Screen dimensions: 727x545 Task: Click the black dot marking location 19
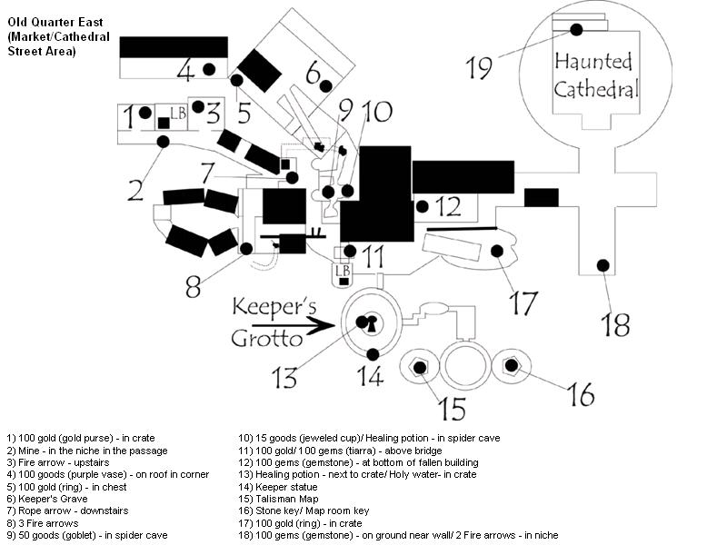click(576, 30)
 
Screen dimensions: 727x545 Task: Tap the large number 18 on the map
click(615, 324)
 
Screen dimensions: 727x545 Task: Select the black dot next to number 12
click(422, 207)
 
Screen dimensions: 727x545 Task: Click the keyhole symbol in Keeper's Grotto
click(372, 323)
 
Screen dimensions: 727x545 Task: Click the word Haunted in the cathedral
click(593, 62)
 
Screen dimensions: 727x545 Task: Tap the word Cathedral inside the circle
click(596, 89)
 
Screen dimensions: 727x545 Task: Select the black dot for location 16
click(511, 365)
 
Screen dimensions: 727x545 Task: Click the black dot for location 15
click(420, 368)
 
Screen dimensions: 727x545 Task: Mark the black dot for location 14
click(373, 354)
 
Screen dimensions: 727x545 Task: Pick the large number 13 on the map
click(284, 377)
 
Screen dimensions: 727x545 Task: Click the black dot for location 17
click(497, 252)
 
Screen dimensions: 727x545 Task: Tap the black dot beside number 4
click(209, 69)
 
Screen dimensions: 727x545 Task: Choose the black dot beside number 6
click(326, 85)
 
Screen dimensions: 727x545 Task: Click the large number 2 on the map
click(135, 190)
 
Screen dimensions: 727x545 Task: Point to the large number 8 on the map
click(194, 286)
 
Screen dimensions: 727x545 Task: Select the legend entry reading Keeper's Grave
click(47, 499)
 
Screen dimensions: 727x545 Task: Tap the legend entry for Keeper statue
click(278, 487)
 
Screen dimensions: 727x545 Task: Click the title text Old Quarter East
click(55, 22)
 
